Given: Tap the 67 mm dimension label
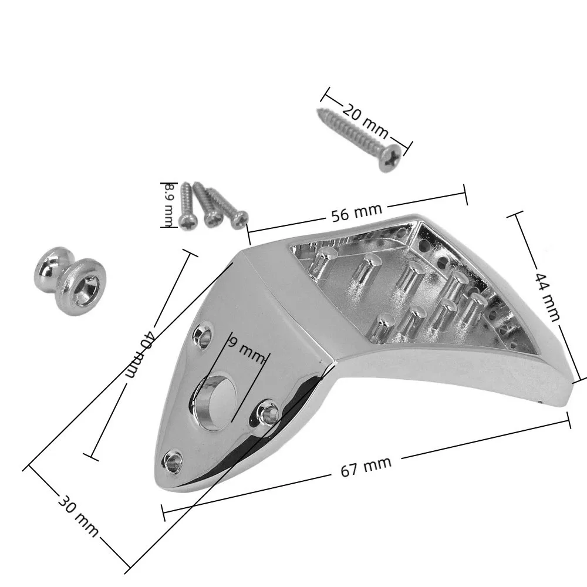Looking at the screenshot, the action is point(366,466).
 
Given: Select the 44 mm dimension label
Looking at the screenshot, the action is point(547,297).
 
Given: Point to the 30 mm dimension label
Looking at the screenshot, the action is point(78,517).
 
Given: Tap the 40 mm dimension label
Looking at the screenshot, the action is point(140,354).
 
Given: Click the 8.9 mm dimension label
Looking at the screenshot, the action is point(169,205).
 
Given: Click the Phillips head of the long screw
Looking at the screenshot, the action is point(390,157).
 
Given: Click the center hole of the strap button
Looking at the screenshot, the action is point(89,288).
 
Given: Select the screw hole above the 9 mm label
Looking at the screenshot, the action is point(202,335).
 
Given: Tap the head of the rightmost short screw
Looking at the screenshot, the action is point(239,220).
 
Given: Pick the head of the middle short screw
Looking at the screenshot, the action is point(213,218).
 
